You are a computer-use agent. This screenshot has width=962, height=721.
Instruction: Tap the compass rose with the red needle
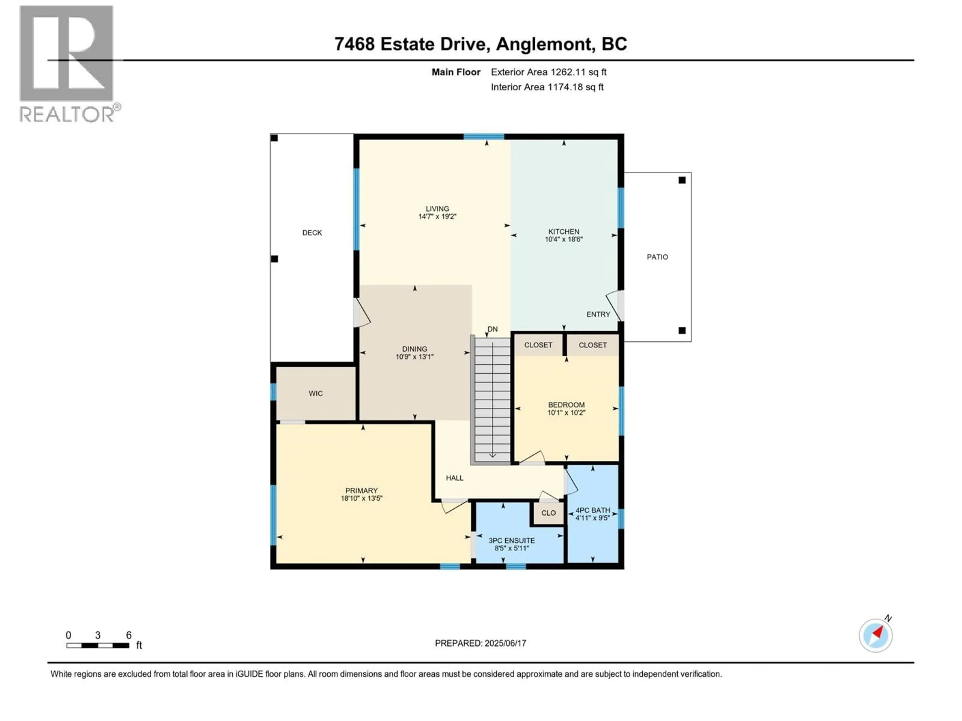click(876, 635)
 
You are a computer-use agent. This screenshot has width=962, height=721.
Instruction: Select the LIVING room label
click(437, 209)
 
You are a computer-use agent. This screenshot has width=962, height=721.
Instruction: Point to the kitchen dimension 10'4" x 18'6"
click(564, 239)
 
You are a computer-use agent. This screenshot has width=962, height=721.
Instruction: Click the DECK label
click(312, 233)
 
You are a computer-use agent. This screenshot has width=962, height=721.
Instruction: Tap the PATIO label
click(657, 257)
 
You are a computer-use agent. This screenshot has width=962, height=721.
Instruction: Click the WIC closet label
click(315, 393)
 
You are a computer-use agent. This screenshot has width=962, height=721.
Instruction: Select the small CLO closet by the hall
click(548, 513)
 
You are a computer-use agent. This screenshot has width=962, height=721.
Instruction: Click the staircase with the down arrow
click(492, 400)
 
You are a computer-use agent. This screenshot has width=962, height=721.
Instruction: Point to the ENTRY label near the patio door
click(598, 314)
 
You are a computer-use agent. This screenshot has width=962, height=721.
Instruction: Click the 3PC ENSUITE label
click(512, 541)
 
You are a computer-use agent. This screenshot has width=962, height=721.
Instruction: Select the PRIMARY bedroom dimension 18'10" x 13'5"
click(362, 498)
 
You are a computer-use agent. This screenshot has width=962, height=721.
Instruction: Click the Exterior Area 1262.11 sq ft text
click(548, 72)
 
